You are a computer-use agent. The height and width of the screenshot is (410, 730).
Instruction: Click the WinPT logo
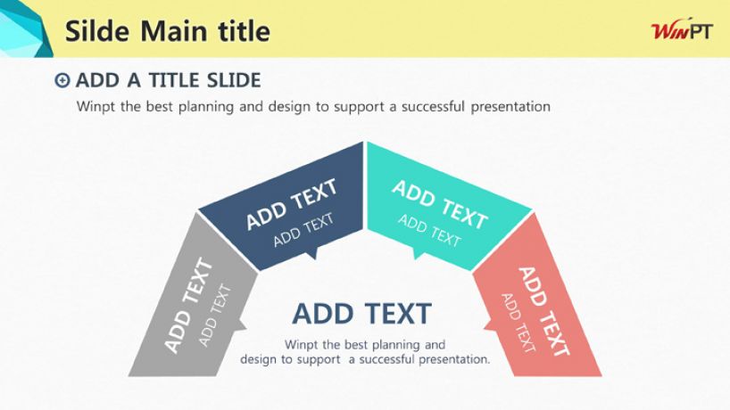[682, 30]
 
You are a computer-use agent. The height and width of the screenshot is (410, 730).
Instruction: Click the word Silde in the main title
[97, 30]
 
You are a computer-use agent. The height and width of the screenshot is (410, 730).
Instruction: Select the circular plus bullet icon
[62, 80]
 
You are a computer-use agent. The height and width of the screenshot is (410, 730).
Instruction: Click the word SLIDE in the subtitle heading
[234, 80]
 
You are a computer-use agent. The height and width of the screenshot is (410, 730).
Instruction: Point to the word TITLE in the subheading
[174, 80]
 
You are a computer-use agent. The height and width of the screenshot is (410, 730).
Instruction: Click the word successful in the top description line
[433, 106]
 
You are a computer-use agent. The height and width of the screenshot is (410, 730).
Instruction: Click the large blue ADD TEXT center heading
[362, 314]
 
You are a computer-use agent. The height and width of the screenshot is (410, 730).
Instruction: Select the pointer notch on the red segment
[489, 324]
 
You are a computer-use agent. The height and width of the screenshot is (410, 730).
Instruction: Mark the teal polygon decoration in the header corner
[24, 29]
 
